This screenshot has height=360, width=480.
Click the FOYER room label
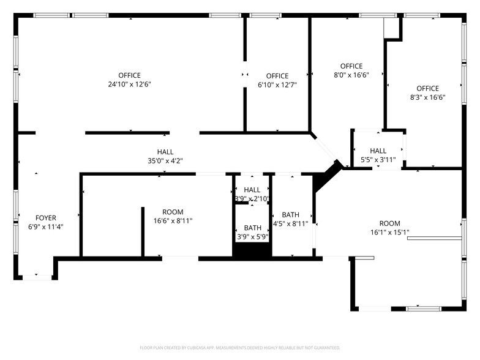tap(46, 217)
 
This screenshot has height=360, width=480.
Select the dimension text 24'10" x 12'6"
tap(129, 84)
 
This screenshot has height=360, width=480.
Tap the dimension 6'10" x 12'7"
tap(277, 85)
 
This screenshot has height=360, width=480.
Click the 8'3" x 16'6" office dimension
tap(427, 97)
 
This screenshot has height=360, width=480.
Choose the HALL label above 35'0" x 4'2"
tap(165, 152)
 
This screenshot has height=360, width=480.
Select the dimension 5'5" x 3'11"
tap(378, 160)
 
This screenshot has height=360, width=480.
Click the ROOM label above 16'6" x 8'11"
tap(173, 212)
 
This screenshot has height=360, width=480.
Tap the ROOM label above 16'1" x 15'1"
tap(389, 223)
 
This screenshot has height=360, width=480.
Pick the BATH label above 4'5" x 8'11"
tap(290, 214)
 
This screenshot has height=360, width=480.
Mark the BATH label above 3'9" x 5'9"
tap(252, 228)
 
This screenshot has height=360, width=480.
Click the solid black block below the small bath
tap(252, 252)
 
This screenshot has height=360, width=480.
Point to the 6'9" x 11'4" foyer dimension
tap(46, 227)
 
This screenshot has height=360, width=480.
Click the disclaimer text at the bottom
tap(239, 348)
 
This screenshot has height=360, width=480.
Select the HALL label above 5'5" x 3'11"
tap(378, 151)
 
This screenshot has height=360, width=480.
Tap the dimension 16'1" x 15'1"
tap(389, 233)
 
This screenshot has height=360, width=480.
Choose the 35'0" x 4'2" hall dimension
tap(165, 161)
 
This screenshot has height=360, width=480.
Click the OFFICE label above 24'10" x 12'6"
tap(129, 75)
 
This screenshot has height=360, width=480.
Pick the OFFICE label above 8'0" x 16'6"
tap(351, 66)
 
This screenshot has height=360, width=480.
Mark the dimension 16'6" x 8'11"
tap(173, 221)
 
